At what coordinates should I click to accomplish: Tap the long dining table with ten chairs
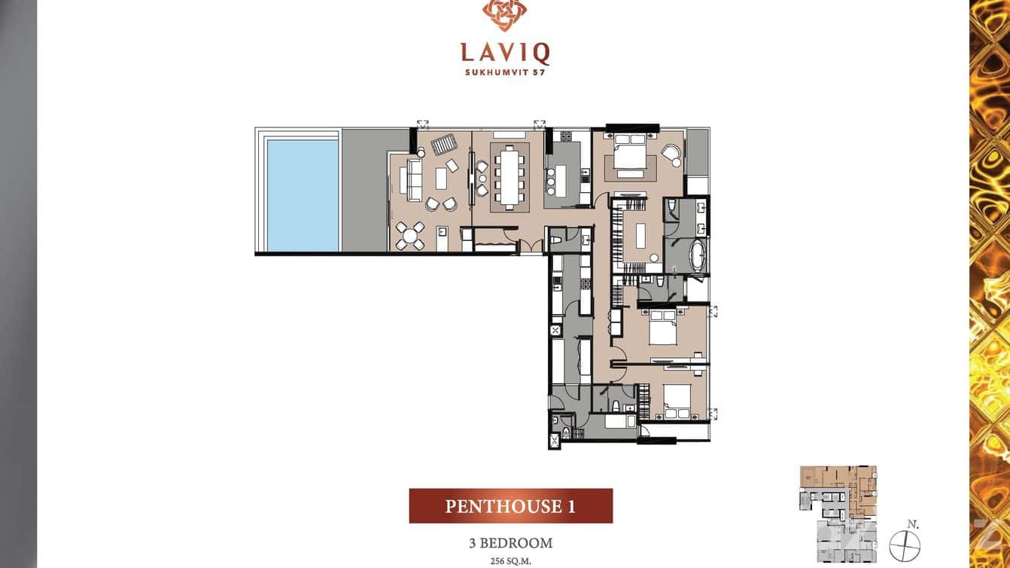point(508,176)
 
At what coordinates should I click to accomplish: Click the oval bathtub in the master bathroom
point(697,256)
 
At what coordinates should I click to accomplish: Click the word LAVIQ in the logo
point(505,53)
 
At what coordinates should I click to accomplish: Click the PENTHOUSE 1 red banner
point(510,505)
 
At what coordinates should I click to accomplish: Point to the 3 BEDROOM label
point(510,543)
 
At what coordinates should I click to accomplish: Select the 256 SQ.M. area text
point(510,560)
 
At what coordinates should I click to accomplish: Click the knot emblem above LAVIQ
point(505,15)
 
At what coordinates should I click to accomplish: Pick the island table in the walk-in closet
point(641,234)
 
